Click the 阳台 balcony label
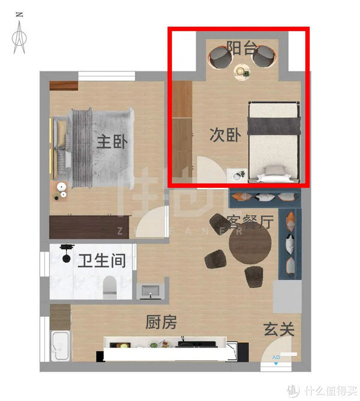coord(242,48)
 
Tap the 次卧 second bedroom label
coord(225,135)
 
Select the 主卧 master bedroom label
coord(112,142)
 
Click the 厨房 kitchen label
coord(161,322)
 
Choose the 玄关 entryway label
coord(278,329)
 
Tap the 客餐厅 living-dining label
coord(250,222)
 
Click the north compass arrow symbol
coord(20,34)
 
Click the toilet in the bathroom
coord(110,287)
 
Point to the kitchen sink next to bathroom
coord(149,291)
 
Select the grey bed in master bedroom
coord(102,144)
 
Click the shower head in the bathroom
coord(67,248)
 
